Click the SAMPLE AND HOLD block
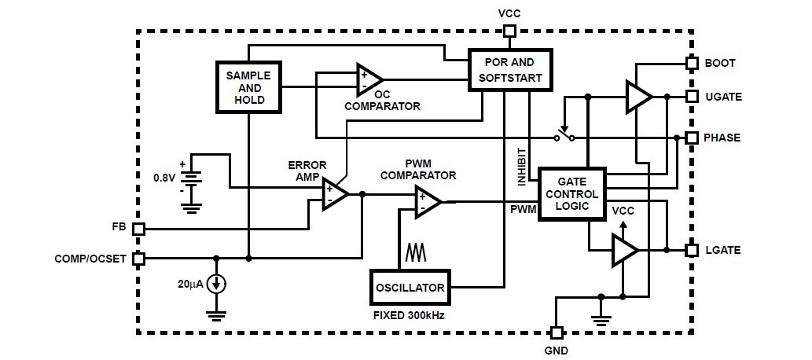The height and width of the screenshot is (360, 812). point(248,87)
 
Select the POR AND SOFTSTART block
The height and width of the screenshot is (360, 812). point(510,69)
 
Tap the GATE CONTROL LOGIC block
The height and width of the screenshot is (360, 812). point(572,193)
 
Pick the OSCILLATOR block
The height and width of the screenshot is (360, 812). point(409,286)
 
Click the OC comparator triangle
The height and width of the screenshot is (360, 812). point(369,79)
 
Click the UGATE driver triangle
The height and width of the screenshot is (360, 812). point(638,97)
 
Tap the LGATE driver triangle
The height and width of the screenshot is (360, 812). point(625,251)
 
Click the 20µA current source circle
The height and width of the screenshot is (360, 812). point(217,284)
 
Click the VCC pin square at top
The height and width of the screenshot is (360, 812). point(509,31)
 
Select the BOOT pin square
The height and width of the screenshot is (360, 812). point(692,63)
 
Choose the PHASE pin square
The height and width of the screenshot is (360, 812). point(692,138)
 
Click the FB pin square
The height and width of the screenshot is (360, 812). point(138,229)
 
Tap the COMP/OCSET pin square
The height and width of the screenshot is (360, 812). point(138,258)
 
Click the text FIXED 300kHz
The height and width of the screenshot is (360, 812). point(409,316)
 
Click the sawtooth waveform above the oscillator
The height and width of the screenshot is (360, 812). point(415,252)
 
